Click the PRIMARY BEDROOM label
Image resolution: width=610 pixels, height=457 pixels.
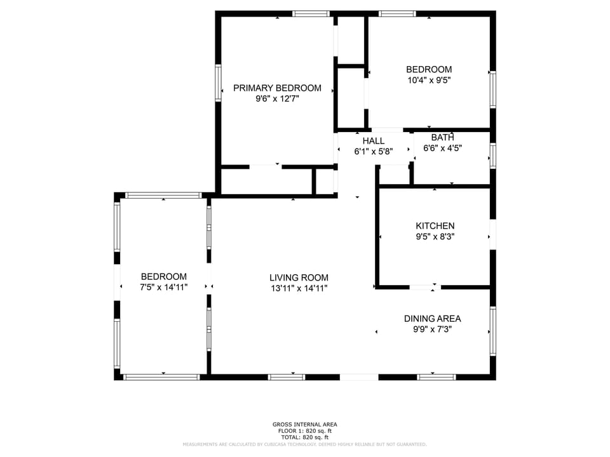(x=277, y=88)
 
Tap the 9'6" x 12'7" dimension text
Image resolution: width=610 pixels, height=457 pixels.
(x=277, y=99)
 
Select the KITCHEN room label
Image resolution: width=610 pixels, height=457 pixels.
(x=435, y=226)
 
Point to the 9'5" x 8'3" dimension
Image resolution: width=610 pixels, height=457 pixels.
(x=435, y=237)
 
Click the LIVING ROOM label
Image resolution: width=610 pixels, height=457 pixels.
(x=299, y=277)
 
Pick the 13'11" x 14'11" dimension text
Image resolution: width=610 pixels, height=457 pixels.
(x=299, y=288)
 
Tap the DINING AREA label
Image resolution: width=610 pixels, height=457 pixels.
(x=432, y=319)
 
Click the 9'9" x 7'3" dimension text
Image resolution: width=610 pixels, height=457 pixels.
(x=432, y=329)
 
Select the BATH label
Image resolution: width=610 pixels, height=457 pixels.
(x=442, y=137)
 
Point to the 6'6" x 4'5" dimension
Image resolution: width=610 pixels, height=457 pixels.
(x=442, y=148)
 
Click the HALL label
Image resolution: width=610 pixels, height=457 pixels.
(x=373, y=141)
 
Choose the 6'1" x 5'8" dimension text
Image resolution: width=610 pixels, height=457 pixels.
(x=373, y=152)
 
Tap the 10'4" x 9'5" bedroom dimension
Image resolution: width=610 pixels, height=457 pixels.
(x=429, y=81)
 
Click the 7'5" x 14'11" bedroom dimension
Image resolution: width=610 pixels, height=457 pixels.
(x=163, y=288)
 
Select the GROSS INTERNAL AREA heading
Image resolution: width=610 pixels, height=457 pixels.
(x=305, y=425)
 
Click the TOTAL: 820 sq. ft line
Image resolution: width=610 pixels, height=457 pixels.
(x=305, y=437)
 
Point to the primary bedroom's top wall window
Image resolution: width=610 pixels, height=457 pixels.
(x=311, y=13)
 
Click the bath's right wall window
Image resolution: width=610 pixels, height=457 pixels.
(x=492, y=156)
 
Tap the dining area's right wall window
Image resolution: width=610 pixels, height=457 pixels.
(x=492, y=331)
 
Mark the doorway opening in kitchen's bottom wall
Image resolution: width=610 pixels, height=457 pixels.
(x=424, y=288)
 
